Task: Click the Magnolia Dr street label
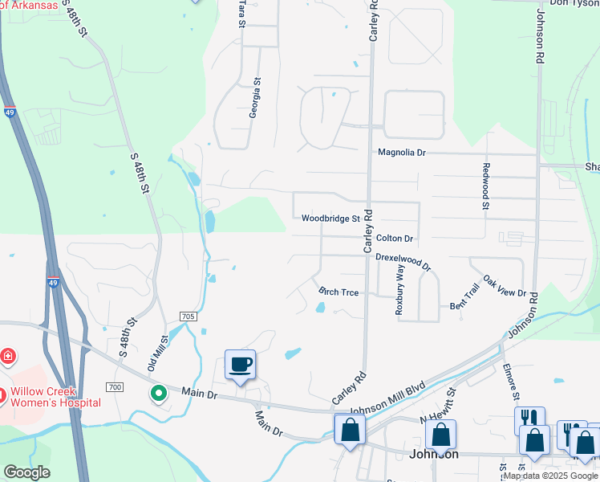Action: [x=402, y=152]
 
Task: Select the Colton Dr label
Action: [x=394, y=239]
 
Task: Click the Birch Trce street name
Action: [x=339, y=292]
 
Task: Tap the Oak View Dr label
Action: [x=504, y=288]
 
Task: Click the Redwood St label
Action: [x=485, y=187]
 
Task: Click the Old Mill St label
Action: [x=156, y=354]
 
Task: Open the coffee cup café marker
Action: [x=240, y=365]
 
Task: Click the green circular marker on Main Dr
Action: [x=159, y=394]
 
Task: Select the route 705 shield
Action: [x=189, y=317]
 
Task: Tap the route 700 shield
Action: [x=116, y=387]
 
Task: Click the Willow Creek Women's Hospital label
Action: [x=55, y=397]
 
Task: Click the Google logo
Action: [x=26, y=472]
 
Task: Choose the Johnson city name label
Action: [x=433, y=454]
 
